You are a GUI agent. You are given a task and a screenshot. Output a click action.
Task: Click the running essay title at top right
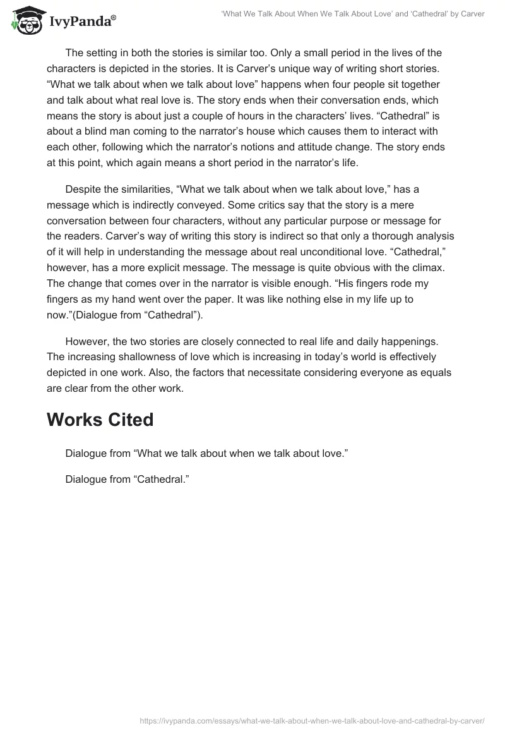(x=353, y=14)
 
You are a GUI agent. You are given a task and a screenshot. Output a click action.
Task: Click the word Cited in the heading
(x=129, y=420)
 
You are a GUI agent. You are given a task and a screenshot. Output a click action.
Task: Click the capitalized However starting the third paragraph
(x=88, y=342)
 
